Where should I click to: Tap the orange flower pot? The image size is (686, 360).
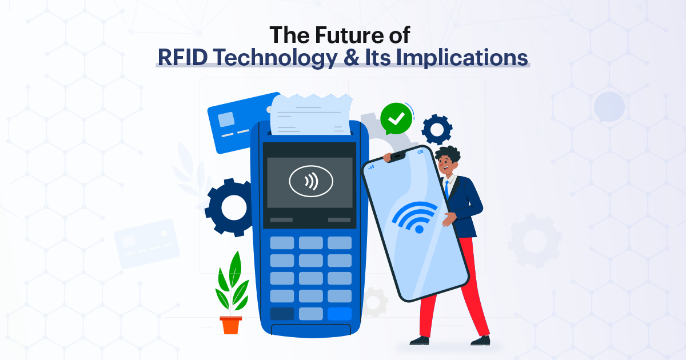click(231, 325)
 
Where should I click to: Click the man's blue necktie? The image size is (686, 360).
click(447, 192)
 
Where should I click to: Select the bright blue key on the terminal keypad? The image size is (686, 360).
click(340, 314)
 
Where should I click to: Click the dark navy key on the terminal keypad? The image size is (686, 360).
click(282, 314)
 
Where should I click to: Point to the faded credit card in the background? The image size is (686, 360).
click(147, 243)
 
